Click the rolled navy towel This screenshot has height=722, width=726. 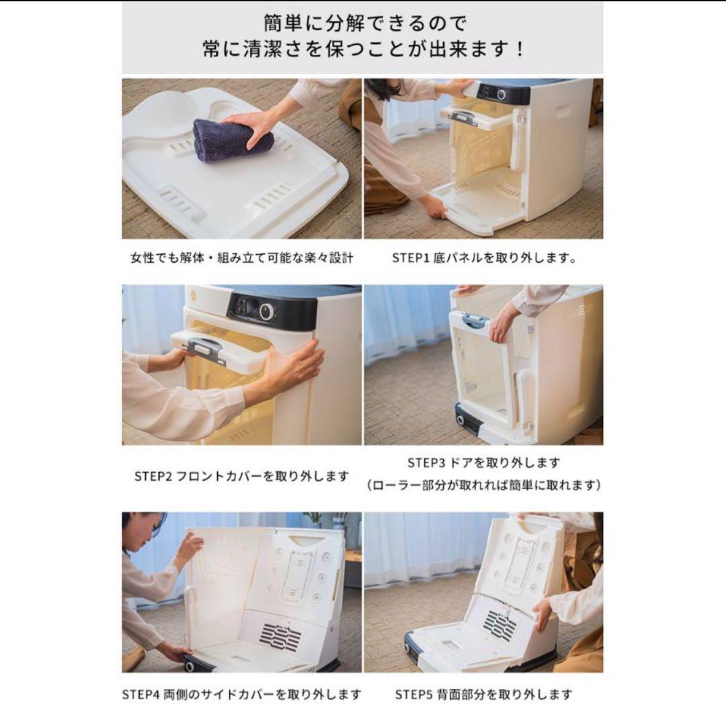pos(232,140)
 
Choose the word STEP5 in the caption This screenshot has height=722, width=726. pos(412,694)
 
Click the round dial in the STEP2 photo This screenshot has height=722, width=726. pos(268,311)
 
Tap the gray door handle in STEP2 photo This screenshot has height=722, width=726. pos(204,349)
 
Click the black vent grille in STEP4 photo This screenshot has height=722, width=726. pos(280,635)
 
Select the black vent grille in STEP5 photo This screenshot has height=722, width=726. pos(500,626)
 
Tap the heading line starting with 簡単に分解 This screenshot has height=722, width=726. pos(362,24)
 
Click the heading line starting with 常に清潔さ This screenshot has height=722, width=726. pos(362,50)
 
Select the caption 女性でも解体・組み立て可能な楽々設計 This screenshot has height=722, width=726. pos(241,257)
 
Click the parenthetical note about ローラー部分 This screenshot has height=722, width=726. pos(483,485)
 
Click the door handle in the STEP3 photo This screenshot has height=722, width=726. pos(476,321)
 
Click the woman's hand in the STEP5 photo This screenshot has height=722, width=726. pos(542,612)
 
